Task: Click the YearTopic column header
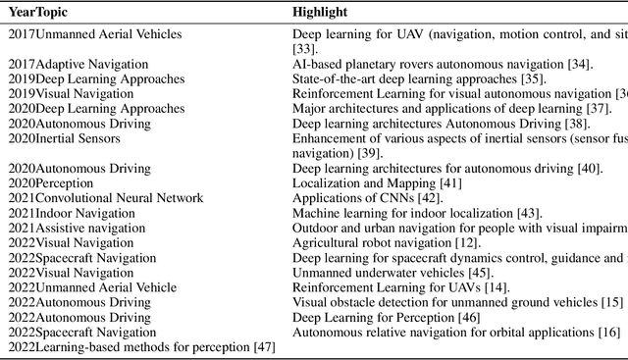pos(39,13)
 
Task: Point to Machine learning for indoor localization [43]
pos(416,213)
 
